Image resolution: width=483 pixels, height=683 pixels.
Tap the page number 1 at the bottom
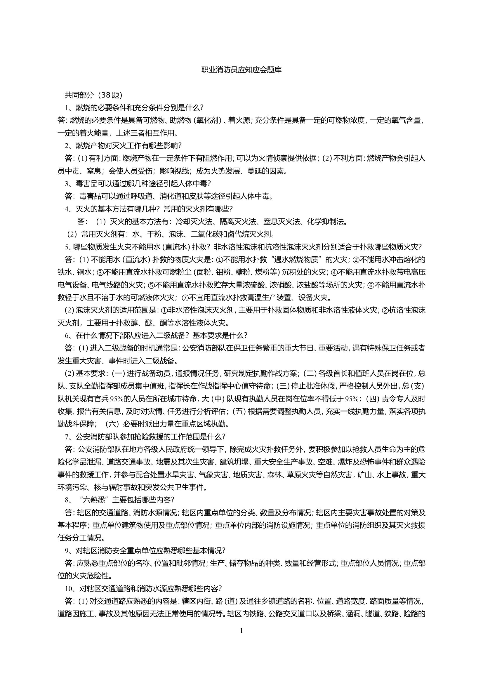tap(241, 639)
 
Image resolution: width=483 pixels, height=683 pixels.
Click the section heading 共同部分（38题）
tap(93, 95)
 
